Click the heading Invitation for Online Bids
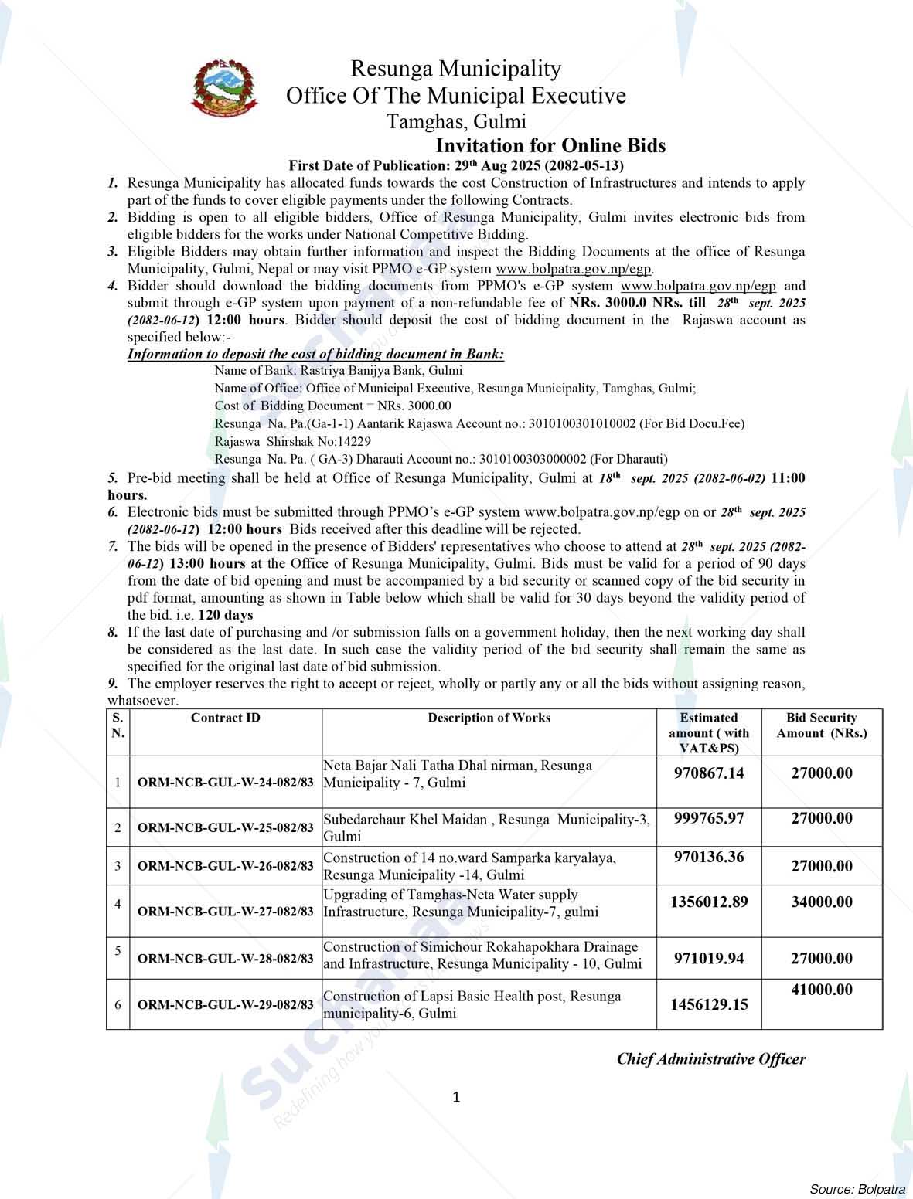point(550,145)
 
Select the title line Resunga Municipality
point(455,69)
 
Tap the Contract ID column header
point(225,718)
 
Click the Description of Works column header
point(489,718)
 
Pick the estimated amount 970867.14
point(709,773)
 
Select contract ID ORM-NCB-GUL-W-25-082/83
point(225,827)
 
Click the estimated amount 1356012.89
point(709,902)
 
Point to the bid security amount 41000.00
point(822,990)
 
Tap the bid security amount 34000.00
point(822,902)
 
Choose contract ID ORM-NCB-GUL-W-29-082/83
point(225,1005)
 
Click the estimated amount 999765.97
point(709,818)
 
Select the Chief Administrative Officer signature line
point(710,1059)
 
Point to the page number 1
point(456,1097)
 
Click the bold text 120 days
point(226,615)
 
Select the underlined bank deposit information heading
point(315,355)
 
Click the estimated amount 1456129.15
point(709,1004)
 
